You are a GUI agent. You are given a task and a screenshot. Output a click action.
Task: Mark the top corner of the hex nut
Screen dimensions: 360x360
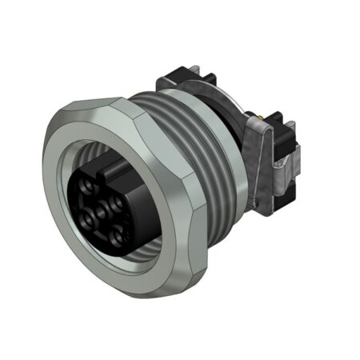120,102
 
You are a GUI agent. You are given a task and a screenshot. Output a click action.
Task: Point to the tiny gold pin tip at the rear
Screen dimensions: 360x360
264,121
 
